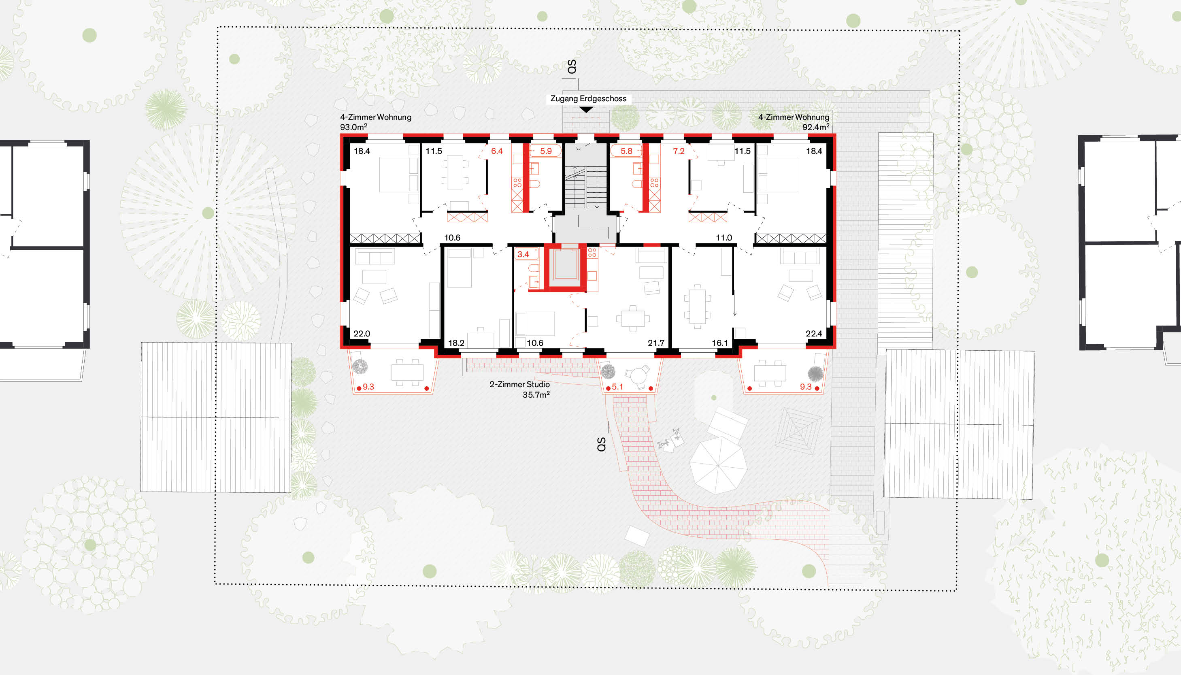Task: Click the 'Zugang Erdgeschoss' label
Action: (x=588, y=99)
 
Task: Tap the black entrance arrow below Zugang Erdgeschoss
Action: (x=586, y=110)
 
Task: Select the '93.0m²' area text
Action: (x=353, y=127)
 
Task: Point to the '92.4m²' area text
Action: (x=816, y=127)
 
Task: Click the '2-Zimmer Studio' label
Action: (x=519, y=384)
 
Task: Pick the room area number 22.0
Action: (x=362, y=334)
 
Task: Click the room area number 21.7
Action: (x=656, y=343)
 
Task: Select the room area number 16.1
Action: (x=720, y=343)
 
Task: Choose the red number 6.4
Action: (x=497, y=151)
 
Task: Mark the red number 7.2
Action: (x=679, y=151)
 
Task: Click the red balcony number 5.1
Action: (x=617, y=387)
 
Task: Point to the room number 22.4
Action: (x=814, y=334)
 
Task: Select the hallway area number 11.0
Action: (x=723, y=238)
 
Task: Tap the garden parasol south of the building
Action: (x=717, y=465)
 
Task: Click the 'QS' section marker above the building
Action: (x=572, y=66)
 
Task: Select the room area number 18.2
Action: (x=456, y=343)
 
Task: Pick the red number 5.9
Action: (x=546, y=151)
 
